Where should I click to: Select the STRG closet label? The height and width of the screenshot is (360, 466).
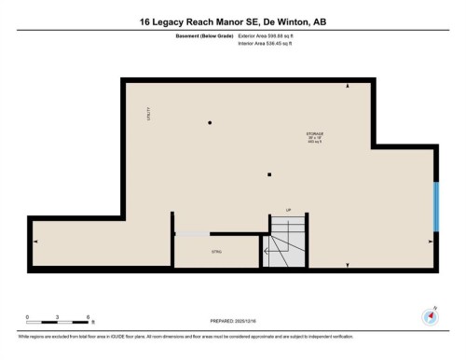215,252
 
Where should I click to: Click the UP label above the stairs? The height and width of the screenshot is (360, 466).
289,211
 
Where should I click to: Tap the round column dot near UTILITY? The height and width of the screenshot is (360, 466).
210,122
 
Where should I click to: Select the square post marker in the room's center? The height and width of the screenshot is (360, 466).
268,173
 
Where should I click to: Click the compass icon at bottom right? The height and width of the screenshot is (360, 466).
432,316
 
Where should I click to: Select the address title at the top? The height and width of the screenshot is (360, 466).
233,21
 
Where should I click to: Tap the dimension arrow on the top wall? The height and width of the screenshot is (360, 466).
348,86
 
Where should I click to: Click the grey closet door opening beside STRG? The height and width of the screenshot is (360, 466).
192,233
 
